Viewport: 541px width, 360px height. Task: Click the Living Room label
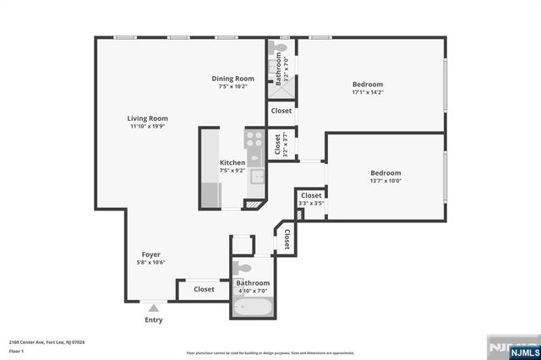pos(147,118)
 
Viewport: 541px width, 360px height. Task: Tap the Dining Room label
pos(232,79)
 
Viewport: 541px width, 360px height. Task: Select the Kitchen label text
pos(232,162)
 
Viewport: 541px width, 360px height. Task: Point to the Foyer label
pos(151,254)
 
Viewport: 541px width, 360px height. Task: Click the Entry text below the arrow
pos(153,320)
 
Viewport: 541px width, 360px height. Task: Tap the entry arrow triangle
pos(153,309)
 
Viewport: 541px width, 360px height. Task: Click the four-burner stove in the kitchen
pos(254,139)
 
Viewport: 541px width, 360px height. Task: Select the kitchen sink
pos(256,177)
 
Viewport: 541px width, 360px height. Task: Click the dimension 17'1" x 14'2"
pos(368,93)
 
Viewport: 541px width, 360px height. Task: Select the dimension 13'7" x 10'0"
pos(385,180)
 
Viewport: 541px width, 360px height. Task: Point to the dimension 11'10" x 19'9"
pos(147,127)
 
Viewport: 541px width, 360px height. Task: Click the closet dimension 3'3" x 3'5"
pos(311,203)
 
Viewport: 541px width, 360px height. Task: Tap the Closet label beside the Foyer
pos(204,289)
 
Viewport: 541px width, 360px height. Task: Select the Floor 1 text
pos(16,351)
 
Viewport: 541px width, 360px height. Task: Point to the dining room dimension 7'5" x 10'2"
pos(232,86)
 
